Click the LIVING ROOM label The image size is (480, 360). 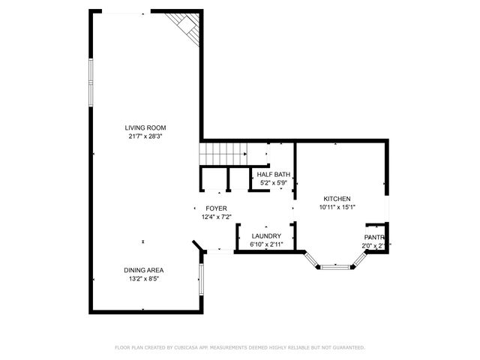(146, 127)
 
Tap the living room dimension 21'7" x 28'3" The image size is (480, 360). (146, 136)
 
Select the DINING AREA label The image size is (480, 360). (144, 270)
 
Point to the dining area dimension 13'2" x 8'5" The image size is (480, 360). (144, 278)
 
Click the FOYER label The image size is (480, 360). (216, 208)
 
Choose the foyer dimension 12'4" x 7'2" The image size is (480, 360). (216, 217)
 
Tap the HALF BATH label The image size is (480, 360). (273, 174)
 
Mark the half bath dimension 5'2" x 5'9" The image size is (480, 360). (273, 182)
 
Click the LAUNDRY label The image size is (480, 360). (266, 236)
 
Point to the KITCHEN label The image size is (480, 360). (337, 199)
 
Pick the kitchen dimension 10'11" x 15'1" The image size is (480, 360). (337, 207)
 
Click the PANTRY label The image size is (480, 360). (374, 237)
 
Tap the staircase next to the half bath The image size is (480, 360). (223, 154)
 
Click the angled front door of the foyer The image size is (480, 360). (196, 246)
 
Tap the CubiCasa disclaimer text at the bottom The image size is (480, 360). (239, 347)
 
